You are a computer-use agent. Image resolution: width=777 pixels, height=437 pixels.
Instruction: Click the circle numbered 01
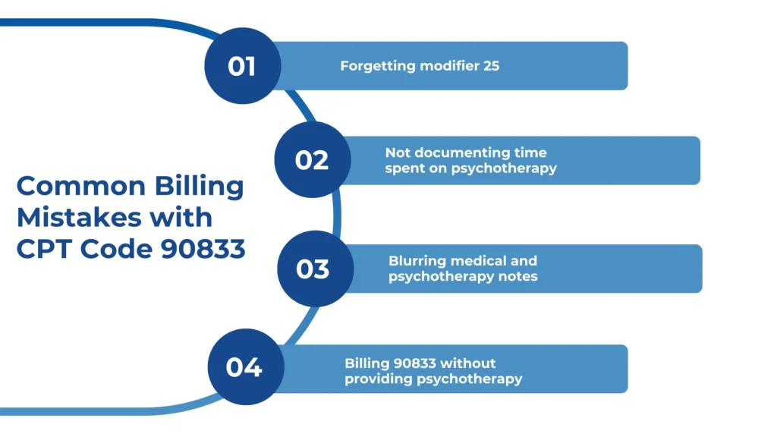click(x=242, y=66)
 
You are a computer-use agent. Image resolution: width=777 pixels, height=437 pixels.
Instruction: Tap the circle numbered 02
click(x=312, y=160)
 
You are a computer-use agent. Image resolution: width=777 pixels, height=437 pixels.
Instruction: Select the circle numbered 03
click(x=314, y=269)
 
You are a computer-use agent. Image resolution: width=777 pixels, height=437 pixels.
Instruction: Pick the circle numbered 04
click(x=244, y=367)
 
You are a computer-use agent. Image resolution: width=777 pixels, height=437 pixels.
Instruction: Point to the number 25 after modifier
click(x=491, y=66)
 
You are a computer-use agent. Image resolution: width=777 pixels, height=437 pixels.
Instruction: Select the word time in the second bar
click(x=530, y=152)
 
